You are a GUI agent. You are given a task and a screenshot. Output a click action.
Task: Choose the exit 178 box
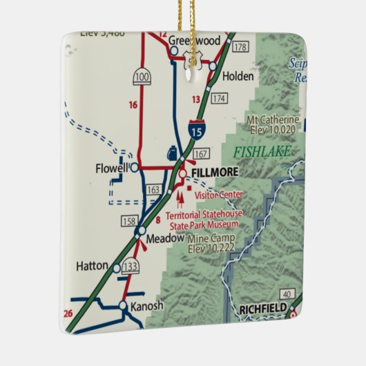click(x=240, y=47)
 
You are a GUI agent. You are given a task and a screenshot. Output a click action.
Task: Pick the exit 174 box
click(x=219, y=99)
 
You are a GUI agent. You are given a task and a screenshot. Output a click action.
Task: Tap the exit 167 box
click(x=200, y=153)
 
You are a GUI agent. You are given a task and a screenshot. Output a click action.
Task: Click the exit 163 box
click(x=153, y=189)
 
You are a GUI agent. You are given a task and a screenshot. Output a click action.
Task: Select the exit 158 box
click(x=128, y=222)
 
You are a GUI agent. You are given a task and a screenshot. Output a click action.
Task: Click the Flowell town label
click(x=112, y=168)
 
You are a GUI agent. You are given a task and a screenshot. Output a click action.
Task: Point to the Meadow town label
click(x=168, y=238)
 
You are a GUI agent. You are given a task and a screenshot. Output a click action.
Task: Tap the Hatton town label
click(x=92, y=265)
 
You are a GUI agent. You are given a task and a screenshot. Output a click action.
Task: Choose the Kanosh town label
click(x=148, y=306)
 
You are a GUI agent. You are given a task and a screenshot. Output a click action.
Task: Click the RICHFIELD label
click(x=261, y=309)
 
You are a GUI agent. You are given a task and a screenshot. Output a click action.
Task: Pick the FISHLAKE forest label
click(x=258, y=151)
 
